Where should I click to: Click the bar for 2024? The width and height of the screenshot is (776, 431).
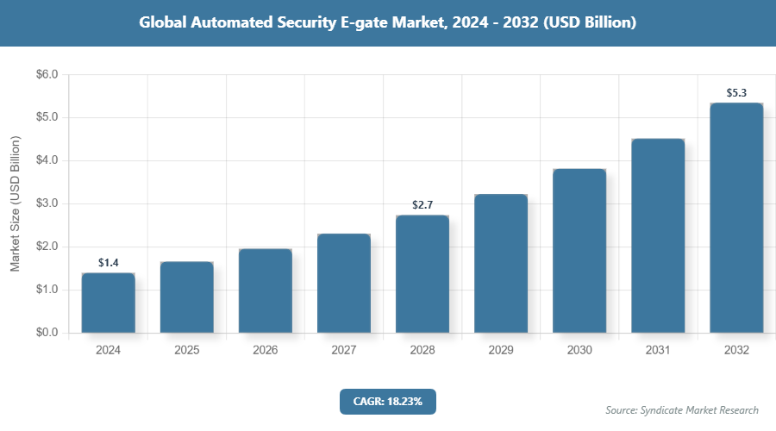109,303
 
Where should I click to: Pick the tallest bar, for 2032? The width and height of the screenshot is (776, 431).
736,217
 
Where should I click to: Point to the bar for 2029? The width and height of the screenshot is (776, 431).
501,263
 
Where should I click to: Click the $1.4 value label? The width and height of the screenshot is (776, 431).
109,262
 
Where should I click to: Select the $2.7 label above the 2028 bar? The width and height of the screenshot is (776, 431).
422,204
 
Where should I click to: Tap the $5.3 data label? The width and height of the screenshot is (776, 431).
736,92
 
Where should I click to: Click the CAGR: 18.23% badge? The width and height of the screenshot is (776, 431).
388,401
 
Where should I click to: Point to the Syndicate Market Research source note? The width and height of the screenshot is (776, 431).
681,409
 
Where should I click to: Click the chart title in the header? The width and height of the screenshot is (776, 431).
388,23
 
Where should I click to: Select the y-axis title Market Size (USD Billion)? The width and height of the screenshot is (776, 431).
15,203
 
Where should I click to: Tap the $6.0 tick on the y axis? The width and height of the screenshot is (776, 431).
47,75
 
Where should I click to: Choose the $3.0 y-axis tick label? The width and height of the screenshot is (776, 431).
47,203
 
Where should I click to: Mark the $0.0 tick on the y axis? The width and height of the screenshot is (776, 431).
47,333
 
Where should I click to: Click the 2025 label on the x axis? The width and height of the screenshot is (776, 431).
187,351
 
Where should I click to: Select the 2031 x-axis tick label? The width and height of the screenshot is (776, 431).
658,351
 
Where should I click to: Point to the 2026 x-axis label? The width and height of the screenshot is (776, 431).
266,351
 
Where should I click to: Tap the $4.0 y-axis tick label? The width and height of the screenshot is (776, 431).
47,160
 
